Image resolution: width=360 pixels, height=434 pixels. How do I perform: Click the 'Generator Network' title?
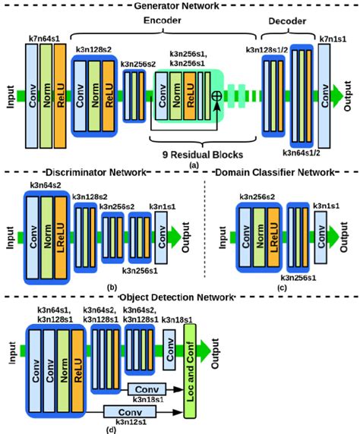point(180,5)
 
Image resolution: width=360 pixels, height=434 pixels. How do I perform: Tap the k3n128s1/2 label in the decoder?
point(273,49)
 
